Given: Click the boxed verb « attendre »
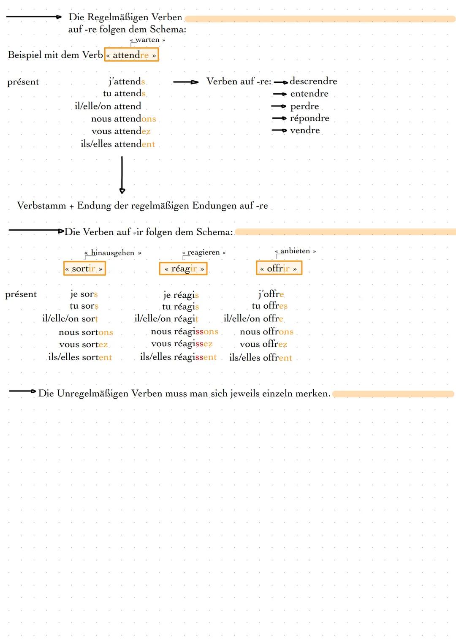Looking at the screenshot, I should [131, 55].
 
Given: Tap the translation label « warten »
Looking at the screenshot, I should [147, 40].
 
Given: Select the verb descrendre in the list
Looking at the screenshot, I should [313, 81].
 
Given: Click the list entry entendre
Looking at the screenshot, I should [309, 94].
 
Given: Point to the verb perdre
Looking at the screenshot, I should [304, 106].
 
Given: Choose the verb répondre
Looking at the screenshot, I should [309, 118].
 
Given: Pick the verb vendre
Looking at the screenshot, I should [305, 130].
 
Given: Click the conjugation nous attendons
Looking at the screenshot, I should [123, 119].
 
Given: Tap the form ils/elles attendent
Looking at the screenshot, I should [118, 144].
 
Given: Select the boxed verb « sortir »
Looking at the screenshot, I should [84, 269].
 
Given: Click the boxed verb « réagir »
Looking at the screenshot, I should [183, 269].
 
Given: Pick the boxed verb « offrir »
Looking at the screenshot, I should [279, 269].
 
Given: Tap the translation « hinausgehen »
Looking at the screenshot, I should [113, 253].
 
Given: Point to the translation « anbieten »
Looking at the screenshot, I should [296, 251].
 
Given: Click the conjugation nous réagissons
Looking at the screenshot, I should [185, 332].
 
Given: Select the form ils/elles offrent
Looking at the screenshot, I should [261, 358].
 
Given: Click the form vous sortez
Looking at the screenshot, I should [83, 345].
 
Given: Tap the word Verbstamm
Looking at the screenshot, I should [41, 206].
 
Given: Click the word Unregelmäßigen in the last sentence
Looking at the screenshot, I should [92, 394].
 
